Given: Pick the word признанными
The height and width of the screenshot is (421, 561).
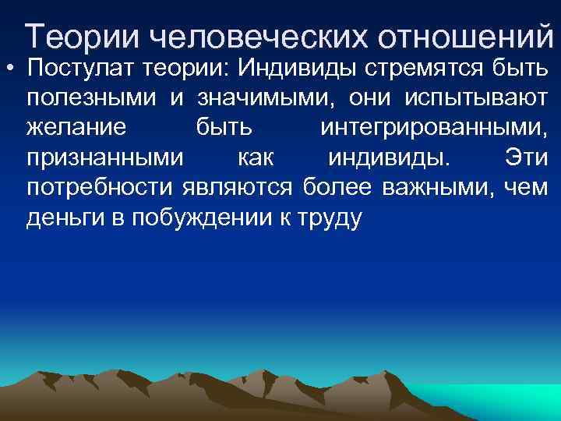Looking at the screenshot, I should tap(105, 158).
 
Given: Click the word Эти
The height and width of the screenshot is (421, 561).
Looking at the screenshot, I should tap(526, 158).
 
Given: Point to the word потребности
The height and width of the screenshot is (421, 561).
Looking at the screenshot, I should tap(101, 188).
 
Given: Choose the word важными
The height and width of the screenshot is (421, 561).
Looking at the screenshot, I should tap(436, 188).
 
